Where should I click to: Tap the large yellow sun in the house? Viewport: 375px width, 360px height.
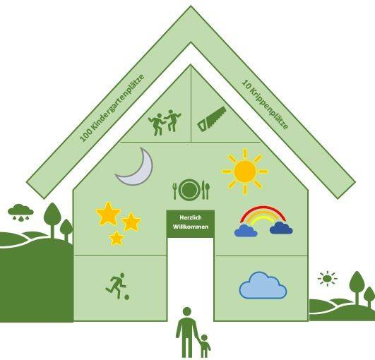tap(245, 172)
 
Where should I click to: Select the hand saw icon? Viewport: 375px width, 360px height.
tap(212, 119)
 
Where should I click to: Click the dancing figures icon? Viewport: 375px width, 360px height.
tap(165, 123)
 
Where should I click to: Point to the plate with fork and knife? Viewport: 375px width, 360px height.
tap(191, 190)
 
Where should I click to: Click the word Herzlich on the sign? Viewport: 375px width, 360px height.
tap(191, 217)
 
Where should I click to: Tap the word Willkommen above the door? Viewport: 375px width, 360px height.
tap(191, 227)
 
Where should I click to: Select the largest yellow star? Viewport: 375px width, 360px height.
tap(108, 214)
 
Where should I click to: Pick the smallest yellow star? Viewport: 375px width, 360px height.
tap(117, 239)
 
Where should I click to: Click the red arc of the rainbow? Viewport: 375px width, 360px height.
tap(263, 207)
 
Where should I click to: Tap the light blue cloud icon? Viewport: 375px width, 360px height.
tap(263, 286)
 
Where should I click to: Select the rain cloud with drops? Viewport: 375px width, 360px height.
tap(20, 212)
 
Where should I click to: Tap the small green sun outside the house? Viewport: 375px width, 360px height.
tap(327, 279)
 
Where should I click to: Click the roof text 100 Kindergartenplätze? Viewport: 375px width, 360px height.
tap(112, 108)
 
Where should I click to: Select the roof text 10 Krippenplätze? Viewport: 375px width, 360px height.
tap(266, 104)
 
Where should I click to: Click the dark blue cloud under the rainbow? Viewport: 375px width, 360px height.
tap(281, 228)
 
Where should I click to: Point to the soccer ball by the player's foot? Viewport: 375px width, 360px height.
tap(126, 297)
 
